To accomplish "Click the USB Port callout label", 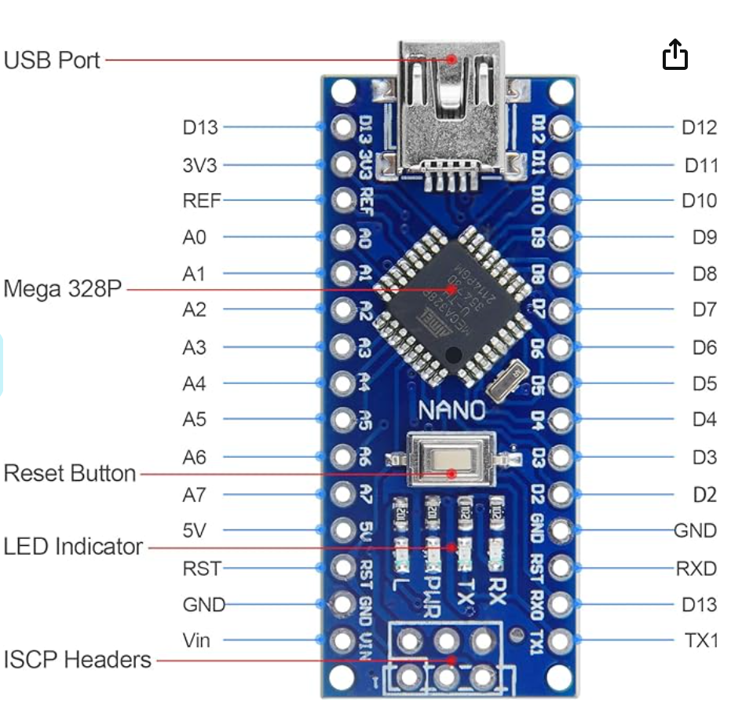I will coord(52,60).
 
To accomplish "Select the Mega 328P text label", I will coord(63,289).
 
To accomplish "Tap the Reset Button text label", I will coord(70,474).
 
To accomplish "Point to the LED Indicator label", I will coord(73,547).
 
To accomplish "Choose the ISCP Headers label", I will coord(77,660).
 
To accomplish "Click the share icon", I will coord(675,56).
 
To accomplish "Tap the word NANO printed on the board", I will coord(451,410).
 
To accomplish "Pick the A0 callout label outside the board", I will coord(194,236).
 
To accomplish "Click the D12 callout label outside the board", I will coord(699,127).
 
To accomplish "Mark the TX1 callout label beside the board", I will coord(702,641).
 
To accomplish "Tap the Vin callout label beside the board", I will coord(196,641).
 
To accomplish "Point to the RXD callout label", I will coord(696,568).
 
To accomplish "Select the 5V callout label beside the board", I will coord(194,530).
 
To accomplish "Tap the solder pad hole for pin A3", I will coord(343,346).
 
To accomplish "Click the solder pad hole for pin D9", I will coord(561,236).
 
